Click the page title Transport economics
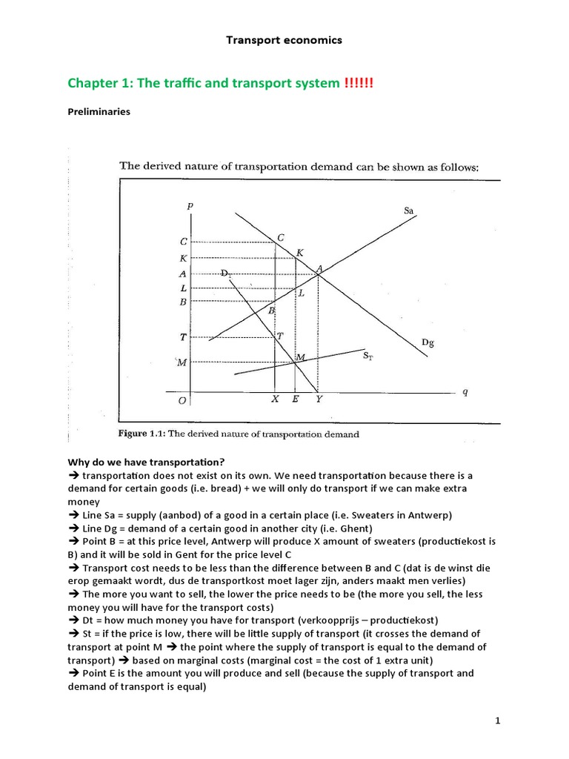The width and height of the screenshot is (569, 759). coord(284,40)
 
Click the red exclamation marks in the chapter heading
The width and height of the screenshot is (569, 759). coord(359,83)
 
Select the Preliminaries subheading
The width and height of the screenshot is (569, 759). coord(99,112)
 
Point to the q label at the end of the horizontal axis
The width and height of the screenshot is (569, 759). coord(465,392)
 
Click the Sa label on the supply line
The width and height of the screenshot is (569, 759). coord(408,211)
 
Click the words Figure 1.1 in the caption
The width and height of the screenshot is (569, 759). coord(141,434)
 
